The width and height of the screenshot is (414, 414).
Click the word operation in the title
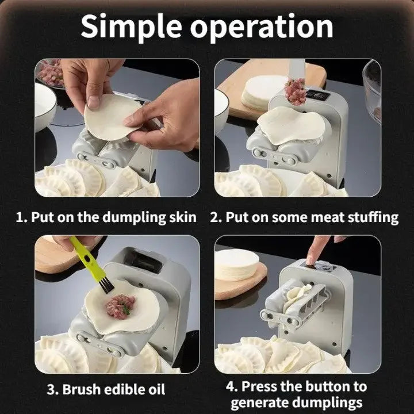pos(262,28)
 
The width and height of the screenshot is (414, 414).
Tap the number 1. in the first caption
pos(21,217)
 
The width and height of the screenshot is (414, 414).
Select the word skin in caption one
pos(181,217)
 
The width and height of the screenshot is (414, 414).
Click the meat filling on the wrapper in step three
pos(120,304)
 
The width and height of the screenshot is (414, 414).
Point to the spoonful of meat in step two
pos(296,91)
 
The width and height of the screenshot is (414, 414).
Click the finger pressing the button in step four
pos(315,250)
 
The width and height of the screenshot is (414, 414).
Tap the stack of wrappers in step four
pos(238,265)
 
